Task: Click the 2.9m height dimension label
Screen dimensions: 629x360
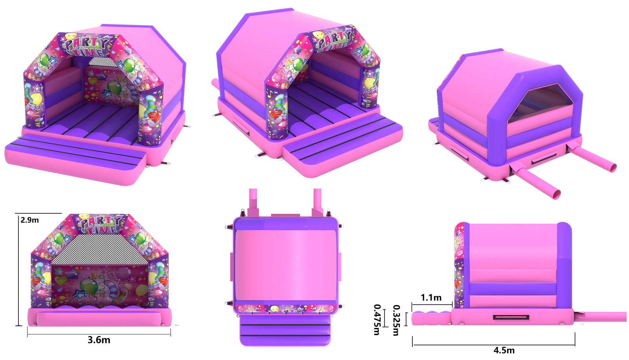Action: pyautogui.click(x=29, y=220)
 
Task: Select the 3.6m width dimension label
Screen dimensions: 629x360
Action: pyautogui.click(x=99, y=340)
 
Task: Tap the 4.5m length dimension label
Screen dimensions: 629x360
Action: pyautogui.click(x=504, y=350)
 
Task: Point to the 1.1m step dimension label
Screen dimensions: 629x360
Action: pyautogui.click(x=431, y=298)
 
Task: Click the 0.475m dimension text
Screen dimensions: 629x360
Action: pyautogui.click(x=377, y=320)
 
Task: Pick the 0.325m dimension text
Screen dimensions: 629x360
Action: pyautogui.click(x=396, y=320)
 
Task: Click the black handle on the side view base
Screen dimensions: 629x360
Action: pyautogui.click(x=511, y=317)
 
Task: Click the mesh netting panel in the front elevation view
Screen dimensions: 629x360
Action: pyautogui.click(x=100, y=249)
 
